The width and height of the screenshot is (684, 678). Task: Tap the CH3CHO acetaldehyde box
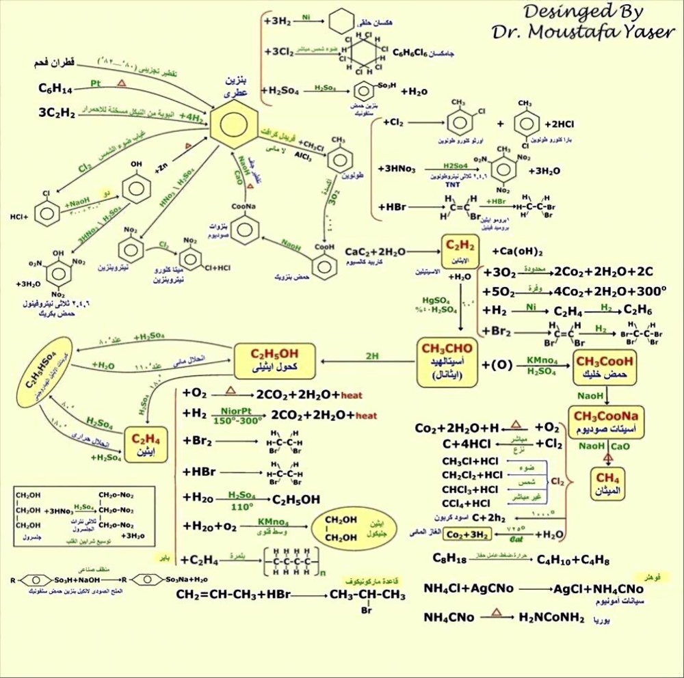(x=449, y=358)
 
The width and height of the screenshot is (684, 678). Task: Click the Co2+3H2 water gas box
(x=469, y=534)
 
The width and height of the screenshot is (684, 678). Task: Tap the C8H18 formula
(x=449, y=559)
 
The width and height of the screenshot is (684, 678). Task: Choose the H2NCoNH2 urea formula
(x=551, y=618)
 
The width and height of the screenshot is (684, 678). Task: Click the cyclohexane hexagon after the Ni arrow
(x=336, y=20)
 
